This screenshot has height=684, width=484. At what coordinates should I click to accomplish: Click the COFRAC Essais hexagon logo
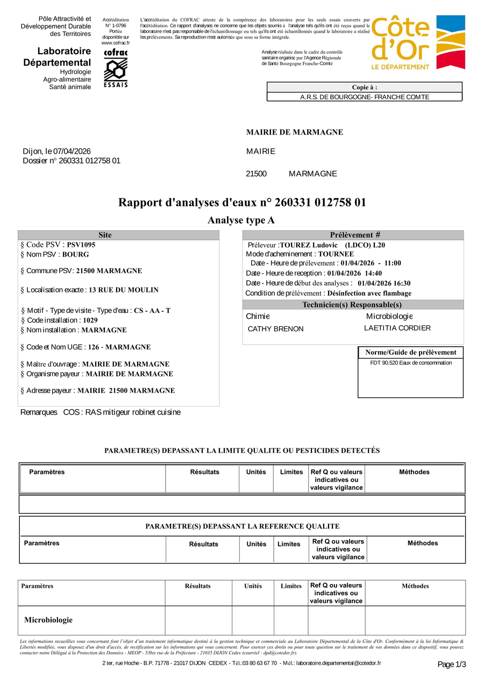(x=115, y=68)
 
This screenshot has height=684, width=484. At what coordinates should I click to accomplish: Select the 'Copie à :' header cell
(x=364, y=87)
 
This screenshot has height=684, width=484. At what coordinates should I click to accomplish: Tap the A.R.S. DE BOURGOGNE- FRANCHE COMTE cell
(x=364, y=97)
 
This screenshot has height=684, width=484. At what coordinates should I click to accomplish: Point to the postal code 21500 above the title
(x=256, y=174)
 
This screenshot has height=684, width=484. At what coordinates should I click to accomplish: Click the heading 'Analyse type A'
(x=241, y=220)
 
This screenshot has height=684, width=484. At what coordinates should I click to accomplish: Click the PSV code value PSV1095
(x=81, y=245)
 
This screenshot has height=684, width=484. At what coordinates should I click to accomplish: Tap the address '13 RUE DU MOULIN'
(x=124, y=290)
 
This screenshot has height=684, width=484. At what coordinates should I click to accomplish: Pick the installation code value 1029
(x=90, y=320)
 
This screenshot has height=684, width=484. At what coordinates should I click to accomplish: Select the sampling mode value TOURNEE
(x=336, y=254)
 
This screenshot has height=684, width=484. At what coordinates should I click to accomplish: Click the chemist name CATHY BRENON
(x=275, y=329)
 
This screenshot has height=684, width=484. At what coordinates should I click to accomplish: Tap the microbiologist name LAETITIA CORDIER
(x=397, y=328)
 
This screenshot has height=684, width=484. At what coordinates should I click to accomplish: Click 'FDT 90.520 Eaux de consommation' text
(x=411, y=363)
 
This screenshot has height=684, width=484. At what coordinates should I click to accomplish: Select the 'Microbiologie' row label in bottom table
(x=48, y=620)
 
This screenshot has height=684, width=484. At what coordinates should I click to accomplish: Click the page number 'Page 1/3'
(x=452, y=665)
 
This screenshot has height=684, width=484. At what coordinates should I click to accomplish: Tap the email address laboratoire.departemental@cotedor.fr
(x=338, y=663)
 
